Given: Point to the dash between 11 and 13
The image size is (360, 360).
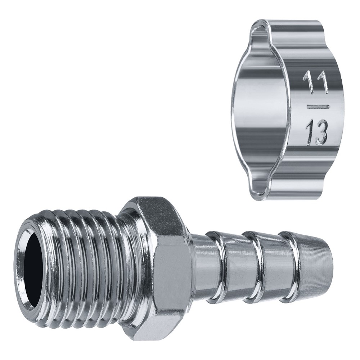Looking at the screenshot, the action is [318, 107].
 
